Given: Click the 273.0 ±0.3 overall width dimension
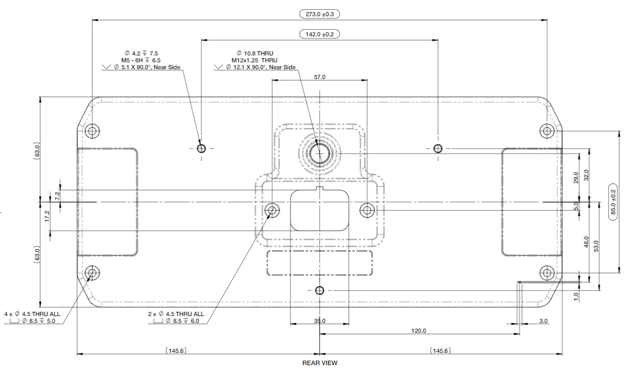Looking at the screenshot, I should coord(319,14).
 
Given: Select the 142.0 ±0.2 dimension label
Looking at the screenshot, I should coord(319,34).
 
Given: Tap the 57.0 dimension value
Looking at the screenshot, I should coord(320,77).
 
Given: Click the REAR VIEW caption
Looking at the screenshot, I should coord(320,363).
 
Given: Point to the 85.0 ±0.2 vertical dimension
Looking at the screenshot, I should coord(612,202).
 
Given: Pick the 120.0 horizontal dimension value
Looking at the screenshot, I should coord(418,331).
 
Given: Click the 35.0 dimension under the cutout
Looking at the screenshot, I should coord(320,321).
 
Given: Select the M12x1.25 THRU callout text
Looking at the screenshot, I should coord(254,60).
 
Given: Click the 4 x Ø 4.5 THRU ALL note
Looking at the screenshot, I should coord(32,314).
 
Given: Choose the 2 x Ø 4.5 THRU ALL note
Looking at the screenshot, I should coord(176,314).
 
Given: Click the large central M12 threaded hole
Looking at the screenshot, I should coord(319,153).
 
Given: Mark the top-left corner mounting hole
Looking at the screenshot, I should coord(92,131).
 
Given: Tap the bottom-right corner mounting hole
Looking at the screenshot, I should coord(547,272).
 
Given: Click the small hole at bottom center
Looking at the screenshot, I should coord(320,290).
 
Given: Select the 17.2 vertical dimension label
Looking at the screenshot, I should coord(47,215).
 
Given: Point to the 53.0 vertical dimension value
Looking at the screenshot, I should coord(596,245).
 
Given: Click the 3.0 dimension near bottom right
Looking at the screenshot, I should coord(543,321).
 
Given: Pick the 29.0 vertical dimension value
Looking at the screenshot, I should coord(576,177).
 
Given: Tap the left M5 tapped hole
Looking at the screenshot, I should coord(201,148).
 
